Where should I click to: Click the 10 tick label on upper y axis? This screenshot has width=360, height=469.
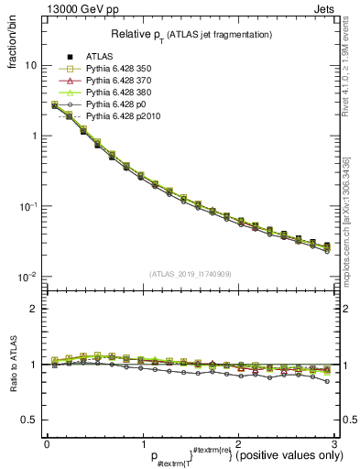pyautogui.click(x=31, y=66)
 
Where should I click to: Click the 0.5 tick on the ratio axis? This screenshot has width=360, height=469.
pyautogui.click(x=31, y=420)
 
